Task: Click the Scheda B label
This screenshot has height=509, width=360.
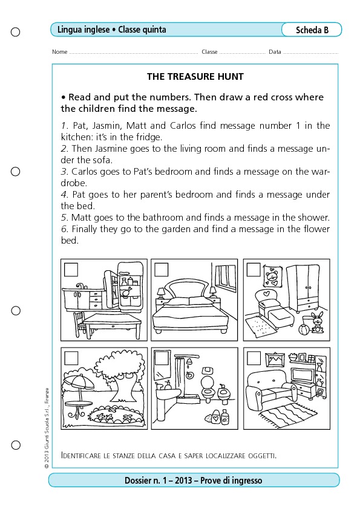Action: [x=312, y=30]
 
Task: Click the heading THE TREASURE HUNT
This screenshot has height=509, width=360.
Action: [x=195, y=77]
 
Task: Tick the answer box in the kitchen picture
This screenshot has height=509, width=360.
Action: [x=71, y=270]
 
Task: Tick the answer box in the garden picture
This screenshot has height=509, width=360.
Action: [x=71, y=358]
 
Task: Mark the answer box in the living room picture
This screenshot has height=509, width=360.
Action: [x=254, y=358]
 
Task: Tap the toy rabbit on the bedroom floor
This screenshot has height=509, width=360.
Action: [x=316, y=322]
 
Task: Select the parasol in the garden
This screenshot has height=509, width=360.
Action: [x=78, y=383]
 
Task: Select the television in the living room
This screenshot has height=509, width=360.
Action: [x=303, y=375]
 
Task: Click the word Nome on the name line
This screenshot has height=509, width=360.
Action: [x=60, y=52]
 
